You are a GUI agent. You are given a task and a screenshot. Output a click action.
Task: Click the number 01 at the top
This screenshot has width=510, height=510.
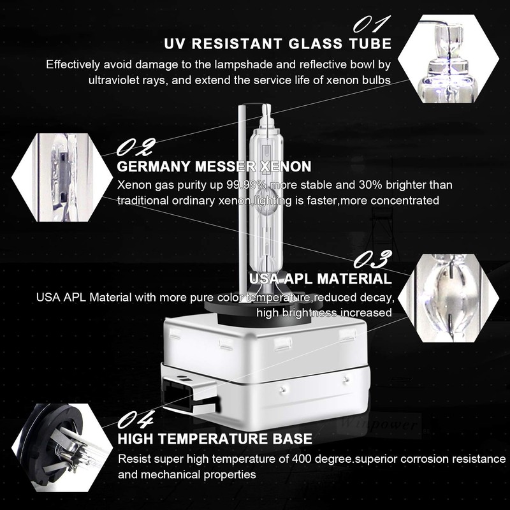pyautogui.click(x=371, y=25)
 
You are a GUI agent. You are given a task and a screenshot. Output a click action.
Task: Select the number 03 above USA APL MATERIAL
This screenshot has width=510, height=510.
pyautogui.click(x=372, y=260)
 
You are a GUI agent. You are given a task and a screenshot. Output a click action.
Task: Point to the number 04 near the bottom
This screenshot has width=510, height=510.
pyautogui.click(x=135, y=421)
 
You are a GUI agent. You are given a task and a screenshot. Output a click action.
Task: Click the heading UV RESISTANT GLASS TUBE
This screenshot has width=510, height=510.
pyautogui.click(x=277, y=44)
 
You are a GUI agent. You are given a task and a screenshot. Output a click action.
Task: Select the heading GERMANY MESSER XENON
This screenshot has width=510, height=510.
pyautogui.click(x=215, y=167)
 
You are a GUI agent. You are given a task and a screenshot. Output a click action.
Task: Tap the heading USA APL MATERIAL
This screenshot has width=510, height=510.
pyautogui.click(x=321, y=279)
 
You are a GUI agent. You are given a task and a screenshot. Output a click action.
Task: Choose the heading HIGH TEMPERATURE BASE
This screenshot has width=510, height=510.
pyautogui.click(x=215, y=439)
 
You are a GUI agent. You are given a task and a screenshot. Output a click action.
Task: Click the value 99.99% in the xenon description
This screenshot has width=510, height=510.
pyautogui.click(x=247, y=185)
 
